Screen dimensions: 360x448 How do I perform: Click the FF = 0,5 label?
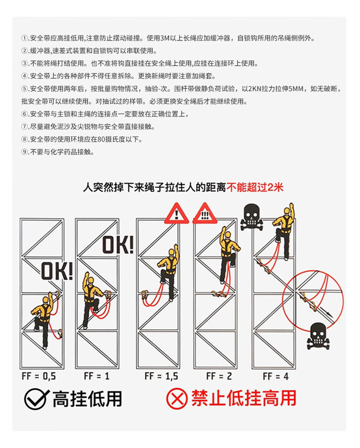[39, 376]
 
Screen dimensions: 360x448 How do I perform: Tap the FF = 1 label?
[97, 376]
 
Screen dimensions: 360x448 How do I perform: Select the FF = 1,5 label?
[161, 376]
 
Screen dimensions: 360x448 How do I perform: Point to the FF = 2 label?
[219, 376]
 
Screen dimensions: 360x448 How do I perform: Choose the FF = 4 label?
[276, 376]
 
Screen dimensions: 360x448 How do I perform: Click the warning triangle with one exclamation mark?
[177, 214]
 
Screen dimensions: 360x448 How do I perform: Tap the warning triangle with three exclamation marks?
[205, 214]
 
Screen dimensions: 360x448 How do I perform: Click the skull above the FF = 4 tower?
[252, 217]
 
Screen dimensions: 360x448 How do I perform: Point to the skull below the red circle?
[318, 336]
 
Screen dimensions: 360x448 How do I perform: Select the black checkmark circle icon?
[36, 399]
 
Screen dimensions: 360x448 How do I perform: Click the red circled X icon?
[177, 398]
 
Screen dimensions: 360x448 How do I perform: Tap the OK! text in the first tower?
[57, 271]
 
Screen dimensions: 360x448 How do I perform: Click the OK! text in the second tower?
[118, 245]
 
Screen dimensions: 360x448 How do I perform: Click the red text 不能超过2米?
[255, 188]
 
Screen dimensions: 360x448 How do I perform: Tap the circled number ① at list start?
[25, 38]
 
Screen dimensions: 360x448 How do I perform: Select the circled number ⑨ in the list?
[25, 152]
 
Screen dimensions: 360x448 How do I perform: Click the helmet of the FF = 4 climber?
[287, 211]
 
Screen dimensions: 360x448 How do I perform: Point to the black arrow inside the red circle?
[327, 311]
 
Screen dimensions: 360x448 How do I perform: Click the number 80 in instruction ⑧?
[101, 139]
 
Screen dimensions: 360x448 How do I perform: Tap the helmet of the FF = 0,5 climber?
[46, 300]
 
